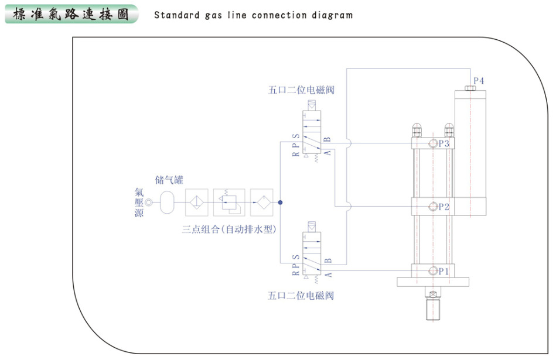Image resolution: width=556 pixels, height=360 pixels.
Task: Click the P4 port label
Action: (479, 81)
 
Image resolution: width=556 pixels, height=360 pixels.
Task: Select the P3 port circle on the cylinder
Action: (432, 144)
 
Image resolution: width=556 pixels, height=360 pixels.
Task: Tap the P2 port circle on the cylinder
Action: (432, 207)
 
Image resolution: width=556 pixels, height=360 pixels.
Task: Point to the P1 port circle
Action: (432, 271)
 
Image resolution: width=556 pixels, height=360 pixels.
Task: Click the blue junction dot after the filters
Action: (281, 203)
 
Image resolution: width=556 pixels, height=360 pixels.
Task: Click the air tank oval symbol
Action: (167, 203)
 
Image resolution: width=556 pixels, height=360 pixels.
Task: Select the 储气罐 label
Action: (169, 180)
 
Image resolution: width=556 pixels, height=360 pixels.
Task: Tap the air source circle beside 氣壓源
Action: (149, 203)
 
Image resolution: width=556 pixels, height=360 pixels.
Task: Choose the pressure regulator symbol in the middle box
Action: (229, 203)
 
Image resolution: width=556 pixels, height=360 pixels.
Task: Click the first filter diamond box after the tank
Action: (197, 203)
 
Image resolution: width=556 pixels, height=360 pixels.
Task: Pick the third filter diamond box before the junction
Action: (262, 203)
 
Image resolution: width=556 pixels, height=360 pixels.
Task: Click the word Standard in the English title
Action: (176, 15)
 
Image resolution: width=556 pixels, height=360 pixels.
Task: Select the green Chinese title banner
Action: (71, 14)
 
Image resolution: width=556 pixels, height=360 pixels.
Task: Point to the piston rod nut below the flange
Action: (433, 295)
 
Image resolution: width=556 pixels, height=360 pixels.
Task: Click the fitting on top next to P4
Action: (470, 88)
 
